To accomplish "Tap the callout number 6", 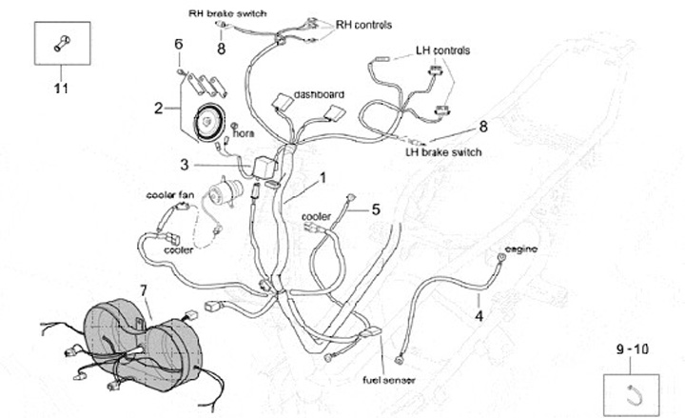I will [178, 44].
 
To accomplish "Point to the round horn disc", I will [207, 123].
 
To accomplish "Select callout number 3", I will [186, 164].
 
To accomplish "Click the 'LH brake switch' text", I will [443, 151].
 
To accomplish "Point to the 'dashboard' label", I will [319, 94].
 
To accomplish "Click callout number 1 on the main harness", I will [323, 177].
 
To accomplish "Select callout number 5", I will [375, 209].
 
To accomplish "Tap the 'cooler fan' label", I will [170, 194].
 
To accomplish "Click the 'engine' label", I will [520, 249].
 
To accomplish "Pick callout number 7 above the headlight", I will [144, 289].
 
